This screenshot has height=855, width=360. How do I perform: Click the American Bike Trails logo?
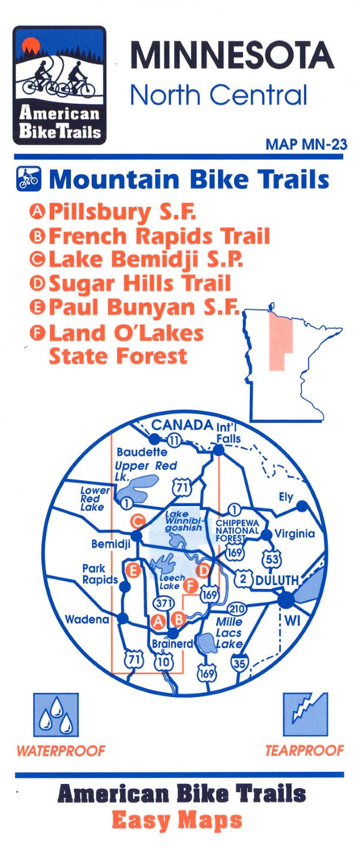click(59, 85)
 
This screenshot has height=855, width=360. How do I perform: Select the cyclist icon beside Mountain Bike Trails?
click(28, 179)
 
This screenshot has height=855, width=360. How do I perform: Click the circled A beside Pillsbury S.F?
click(38, 211)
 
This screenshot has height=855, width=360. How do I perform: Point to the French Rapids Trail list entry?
click(159, 236)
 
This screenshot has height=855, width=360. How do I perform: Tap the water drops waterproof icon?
click(56, 715)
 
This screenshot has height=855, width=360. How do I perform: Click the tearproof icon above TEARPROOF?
click(305, 715)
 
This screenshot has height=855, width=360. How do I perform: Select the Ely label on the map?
click(286, 497)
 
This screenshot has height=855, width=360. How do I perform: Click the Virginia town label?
click(294, 534)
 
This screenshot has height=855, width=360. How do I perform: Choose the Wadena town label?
click(87, 619)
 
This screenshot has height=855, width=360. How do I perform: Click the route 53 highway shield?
click(272, 558)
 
